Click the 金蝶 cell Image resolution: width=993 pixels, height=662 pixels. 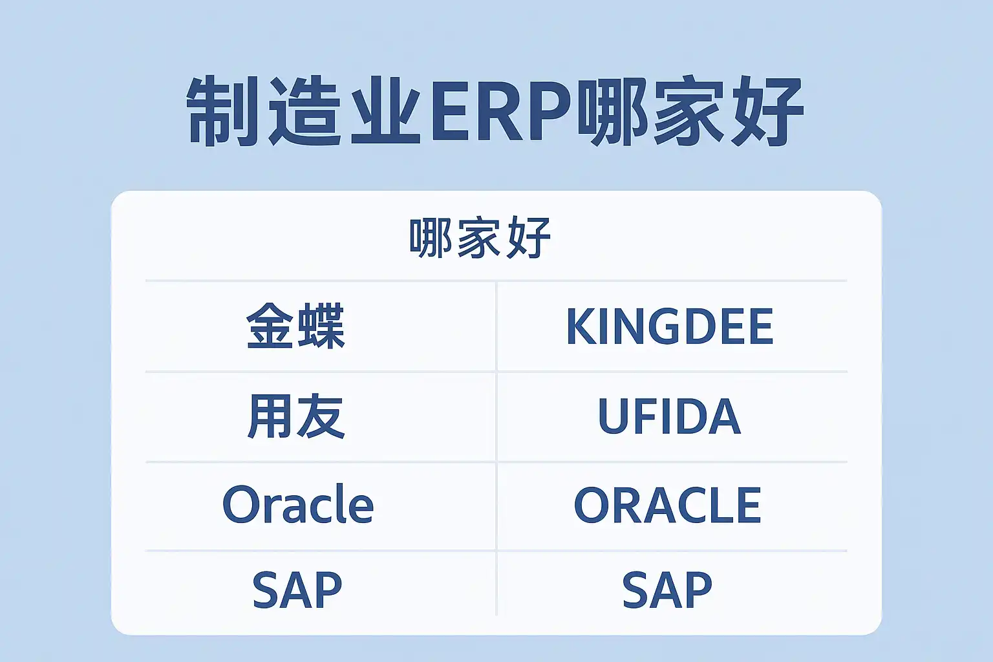pos(295,326)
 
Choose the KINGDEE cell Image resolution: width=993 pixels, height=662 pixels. pos(670,326)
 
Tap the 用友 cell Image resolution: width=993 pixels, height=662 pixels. pos(295,416)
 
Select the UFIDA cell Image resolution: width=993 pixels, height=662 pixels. pos(669,416)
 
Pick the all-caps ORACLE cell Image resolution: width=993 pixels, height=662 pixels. pos(668,505)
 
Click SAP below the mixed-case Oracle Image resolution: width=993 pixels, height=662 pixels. pos(297,590)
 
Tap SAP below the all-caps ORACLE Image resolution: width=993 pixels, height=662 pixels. pos(667,590)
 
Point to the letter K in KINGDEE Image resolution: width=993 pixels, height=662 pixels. pos(582,326)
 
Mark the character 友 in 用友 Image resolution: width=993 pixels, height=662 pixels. pos(321,416)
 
